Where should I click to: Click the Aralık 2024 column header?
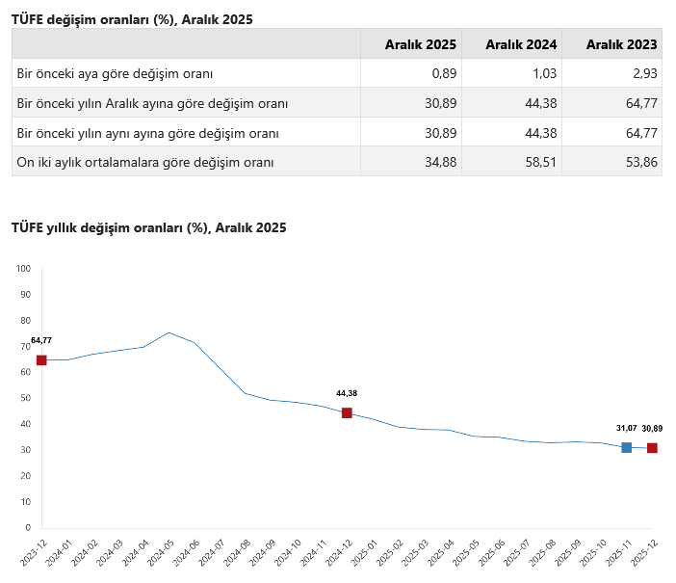click(521, 44)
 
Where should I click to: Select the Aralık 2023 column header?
click(621, 44)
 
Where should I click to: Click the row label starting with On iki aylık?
click(145, 162)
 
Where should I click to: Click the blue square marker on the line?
click(627, 447)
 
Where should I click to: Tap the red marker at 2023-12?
click(41, 360)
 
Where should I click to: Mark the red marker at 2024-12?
click(347, 412)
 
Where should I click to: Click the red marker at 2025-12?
click(652, 448)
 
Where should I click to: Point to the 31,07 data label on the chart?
click(626, 428)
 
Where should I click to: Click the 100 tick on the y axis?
click(24, 269)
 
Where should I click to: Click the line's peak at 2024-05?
click(169, 332)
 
